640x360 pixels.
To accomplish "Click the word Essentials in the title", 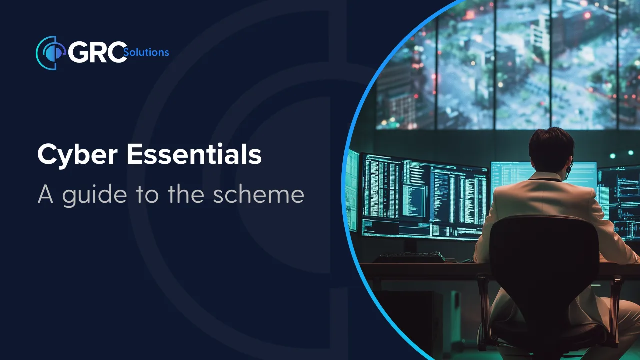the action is click(194, 154).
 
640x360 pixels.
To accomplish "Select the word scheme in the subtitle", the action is click(259, 194).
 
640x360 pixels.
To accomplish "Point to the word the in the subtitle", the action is click(186, 194).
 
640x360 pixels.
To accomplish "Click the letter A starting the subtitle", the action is click(45, 194).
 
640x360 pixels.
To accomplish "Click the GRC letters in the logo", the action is click(97, 52).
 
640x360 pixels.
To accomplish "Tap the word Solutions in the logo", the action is click(146, 52).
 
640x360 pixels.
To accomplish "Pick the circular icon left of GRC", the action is click(51, 53).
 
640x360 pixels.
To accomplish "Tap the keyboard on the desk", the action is click(408, 257).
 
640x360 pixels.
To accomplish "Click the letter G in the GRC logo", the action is click(78, 52).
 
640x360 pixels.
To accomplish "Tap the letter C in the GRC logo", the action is click(117, 52).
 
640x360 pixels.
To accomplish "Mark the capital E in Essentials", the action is click(134, 154).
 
